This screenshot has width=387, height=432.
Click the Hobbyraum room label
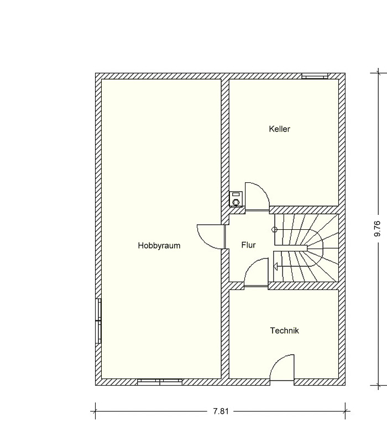(x=159, y=245)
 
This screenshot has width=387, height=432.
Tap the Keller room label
(x=280, y=129)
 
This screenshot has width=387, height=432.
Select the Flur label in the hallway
(x=248, y=245)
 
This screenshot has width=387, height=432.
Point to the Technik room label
(x=285, y=330)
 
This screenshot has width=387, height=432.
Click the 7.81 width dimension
(x=221, y=412)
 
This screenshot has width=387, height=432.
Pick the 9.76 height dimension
(x=378, y=229)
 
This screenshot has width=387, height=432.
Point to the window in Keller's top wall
(x=315, y=76)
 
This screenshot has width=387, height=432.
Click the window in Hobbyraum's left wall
(x=98, y=321)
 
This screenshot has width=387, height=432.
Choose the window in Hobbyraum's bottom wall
(x=160, y=382)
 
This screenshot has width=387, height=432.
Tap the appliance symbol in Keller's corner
(x=236, y=199)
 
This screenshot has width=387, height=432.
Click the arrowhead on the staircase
(x=275, y=266)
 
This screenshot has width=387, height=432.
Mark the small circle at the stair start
(x=274, y=229)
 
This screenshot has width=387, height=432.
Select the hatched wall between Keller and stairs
(x=304, y=210)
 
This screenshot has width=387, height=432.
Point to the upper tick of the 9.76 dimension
(x=378, y=73)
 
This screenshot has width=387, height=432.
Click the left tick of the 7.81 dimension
(x=96, y=412)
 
